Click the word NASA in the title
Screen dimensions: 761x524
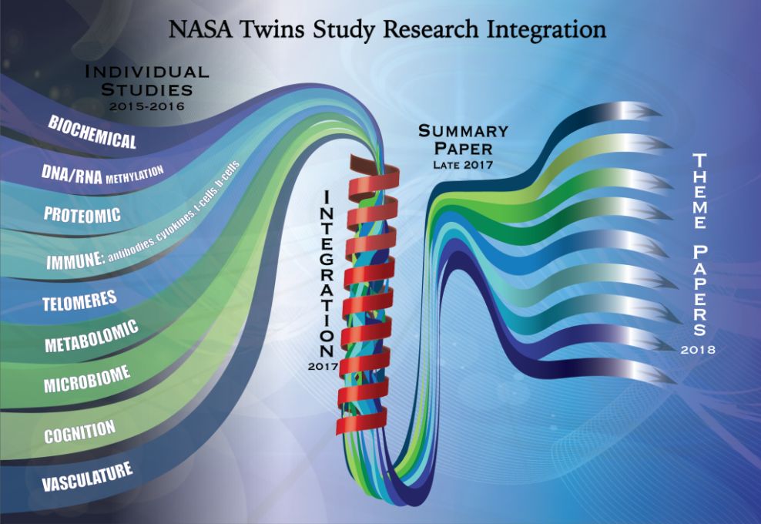pos(201,29)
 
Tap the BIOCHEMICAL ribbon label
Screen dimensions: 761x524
pos(92,132)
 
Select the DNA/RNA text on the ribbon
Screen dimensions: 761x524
pos(72,174)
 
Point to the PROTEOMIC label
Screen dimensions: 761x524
pos(82,214)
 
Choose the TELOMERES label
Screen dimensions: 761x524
pos(79,301)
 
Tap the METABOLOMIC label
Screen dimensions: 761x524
pos(92,336)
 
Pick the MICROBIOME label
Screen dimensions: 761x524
pos(87,379)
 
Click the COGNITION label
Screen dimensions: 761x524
pos(80,432)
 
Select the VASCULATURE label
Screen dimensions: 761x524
pos(87,476)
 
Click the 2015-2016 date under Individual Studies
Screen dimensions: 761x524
pos(147,106)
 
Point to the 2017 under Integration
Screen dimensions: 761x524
pos(323,367)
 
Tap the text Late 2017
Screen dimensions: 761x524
pos(463,165)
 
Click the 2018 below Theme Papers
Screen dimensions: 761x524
pos(698,350)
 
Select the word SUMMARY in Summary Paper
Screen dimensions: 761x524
pos(463,131)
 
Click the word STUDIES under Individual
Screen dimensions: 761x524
pos(147,90)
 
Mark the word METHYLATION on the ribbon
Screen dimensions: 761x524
pos(135,174)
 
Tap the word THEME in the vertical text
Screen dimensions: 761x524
pos(699,191)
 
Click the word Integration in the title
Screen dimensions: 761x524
pos(546,30)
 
